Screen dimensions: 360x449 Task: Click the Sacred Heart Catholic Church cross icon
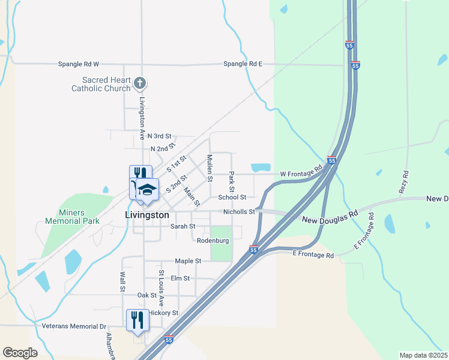click(139, 82)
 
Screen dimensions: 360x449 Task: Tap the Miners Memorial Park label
click(71, 217)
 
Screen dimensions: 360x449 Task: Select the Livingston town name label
click(147, 215)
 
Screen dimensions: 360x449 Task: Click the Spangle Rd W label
click(78, 64)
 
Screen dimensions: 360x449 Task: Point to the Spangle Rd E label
click(243, 64)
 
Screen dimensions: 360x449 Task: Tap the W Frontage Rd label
click(301, 175)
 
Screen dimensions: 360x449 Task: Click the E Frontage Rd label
click(313, 255)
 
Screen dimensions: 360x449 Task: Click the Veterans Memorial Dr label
click(74, 326)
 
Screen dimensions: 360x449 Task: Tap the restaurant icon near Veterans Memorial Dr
click(137, 319)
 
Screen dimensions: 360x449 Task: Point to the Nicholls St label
click(239, 212)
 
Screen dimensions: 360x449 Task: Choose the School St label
click(232, 197)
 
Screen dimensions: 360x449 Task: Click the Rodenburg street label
click(213, 241)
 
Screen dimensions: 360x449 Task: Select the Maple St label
click(188, 261)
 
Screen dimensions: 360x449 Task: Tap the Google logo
click(20, 353)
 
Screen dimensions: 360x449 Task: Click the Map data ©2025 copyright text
click(423, 355)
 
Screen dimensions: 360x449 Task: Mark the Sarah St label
click(183, 226)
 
